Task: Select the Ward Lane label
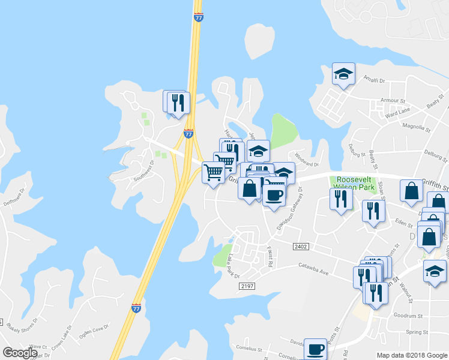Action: coord(397,112)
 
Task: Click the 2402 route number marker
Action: coord(301,247)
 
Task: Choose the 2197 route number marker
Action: coord(247,286)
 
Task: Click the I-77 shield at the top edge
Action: coord(198,17)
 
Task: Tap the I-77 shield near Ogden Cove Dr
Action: coord(136,308)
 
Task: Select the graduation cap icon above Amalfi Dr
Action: coord(343,74)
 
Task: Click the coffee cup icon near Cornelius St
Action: coord(315,349)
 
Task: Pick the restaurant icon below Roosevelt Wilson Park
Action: coord(341,199)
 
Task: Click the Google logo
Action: coord(20,353)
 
